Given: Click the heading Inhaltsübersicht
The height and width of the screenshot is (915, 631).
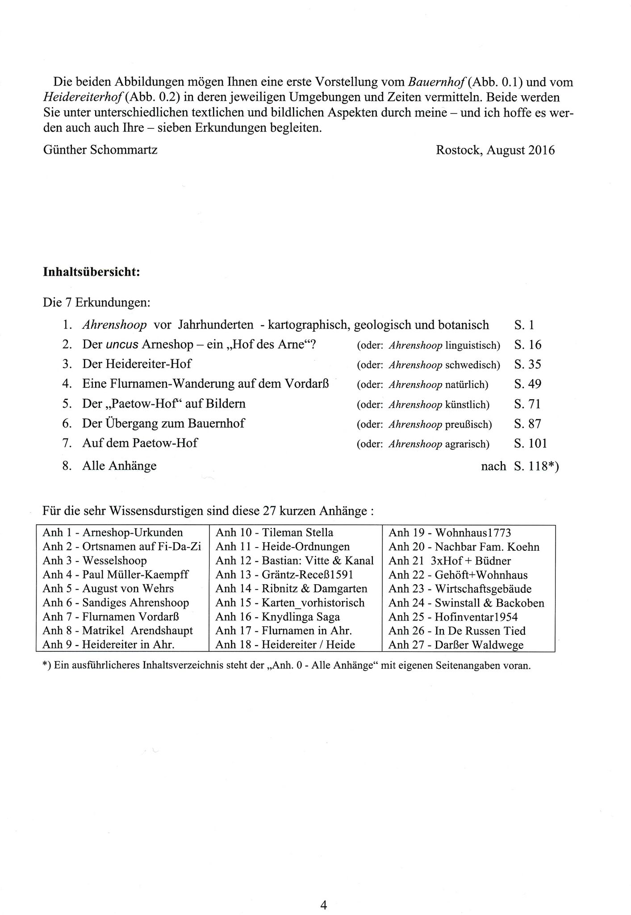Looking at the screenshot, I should tap(92, 272).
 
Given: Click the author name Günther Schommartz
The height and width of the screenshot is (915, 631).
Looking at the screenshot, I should tap(100, 150).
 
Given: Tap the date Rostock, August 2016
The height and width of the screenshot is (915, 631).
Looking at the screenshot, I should tap(495, 150).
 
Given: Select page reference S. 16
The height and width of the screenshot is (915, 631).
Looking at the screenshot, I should tap(527, 345).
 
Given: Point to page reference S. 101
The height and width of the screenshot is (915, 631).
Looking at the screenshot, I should tap(530, 443).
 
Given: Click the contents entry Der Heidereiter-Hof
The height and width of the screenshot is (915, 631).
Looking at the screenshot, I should tap(137, 364).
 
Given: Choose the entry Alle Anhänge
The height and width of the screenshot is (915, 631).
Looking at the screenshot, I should tap(119, 466).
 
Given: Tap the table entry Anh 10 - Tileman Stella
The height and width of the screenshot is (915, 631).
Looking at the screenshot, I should tap(274, 532).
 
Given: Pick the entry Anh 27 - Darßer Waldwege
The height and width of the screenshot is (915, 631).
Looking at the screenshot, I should tap(455, 645).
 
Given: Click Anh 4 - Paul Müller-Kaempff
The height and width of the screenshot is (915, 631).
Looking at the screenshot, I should tap(115, 574).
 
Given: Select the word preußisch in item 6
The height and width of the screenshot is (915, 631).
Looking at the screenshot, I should tap(468, 424).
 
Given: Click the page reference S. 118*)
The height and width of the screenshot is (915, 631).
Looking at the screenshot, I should tap(536, 466).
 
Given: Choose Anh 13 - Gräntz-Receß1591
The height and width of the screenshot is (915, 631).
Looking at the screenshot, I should tap(284, 574).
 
